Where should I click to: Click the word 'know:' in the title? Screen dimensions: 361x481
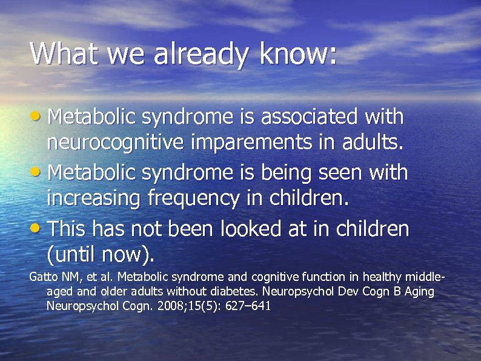point(298,55)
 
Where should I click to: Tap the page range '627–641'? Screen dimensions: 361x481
point(248,306)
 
